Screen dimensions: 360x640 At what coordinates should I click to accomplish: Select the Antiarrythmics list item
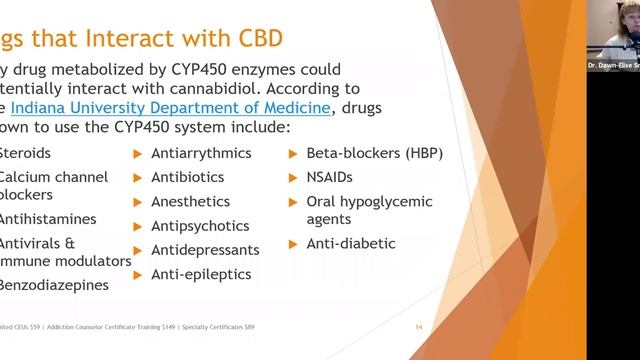coord(200,153)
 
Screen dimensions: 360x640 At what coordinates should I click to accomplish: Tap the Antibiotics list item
coord(187,177)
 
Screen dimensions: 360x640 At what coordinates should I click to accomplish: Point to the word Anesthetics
coord(190,201)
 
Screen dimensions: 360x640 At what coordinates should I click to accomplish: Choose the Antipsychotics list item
coord(198,226)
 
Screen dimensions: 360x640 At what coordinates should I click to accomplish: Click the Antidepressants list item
coord(204,250)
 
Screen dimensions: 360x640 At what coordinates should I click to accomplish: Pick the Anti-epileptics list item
coord(200,274)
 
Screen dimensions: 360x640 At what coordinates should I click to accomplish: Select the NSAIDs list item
coord(332,177)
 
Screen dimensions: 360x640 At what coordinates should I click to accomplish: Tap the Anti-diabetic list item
coord(350,243)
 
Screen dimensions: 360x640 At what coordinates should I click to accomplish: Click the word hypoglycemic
coord(388,201)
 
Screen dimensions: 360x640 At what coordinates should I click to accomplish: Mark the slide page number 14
coord(420,327)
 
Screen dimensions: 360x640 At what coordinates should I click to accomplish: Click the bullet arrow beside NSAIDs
coord(295,178)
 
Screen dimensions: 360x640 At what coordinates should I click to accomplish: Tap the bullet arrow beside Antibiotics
coord(138,178)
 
